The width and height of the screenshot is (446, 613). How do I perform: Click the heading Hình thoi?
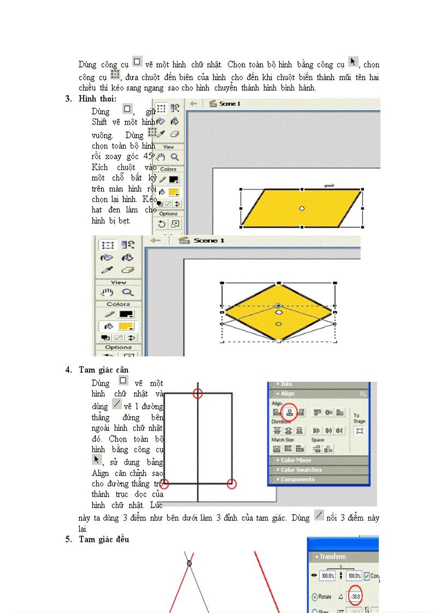(x=97, y=99)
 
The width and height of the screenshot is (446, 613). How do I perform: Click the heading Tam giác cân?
(x=103, y=370)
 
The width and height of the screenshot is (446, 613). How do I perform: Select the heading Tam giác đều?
(x=104, y=539)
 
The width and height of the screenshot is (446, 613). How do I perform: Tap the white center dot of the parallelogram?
(x=302, y=208)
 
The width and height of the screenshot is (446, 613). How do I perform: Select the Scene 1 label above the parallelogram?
(x=230, y=104)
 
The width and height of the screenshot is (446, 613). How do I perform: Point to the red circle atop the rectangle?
(x=198, y=393)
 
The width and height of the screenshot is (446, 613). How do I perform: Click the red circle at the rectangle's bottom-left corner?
(x=164, y=484)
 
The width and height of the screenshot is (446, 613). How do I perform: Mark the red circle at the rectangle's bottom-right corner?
(x=232, y=484)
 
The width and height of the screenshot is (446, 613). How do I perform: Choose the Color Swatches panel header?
(x=301, y=470)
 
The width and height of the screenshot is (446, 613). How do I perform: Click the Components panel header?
(x=297, y=479)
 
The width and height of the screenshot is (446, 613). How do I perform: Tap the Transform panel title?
(x=333, y=557)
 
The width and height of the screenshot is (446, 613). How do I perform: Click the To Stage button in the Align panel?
(x=360, y=431)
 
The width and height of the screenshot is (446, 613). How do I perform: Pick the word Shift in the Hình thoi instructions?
(x=99, y=122)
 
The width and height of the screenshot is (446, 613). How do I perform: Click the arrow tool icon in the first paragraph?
(x=353, y=62)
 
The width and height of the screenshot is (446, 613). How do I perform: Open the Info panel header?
(x=286, y=384)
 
